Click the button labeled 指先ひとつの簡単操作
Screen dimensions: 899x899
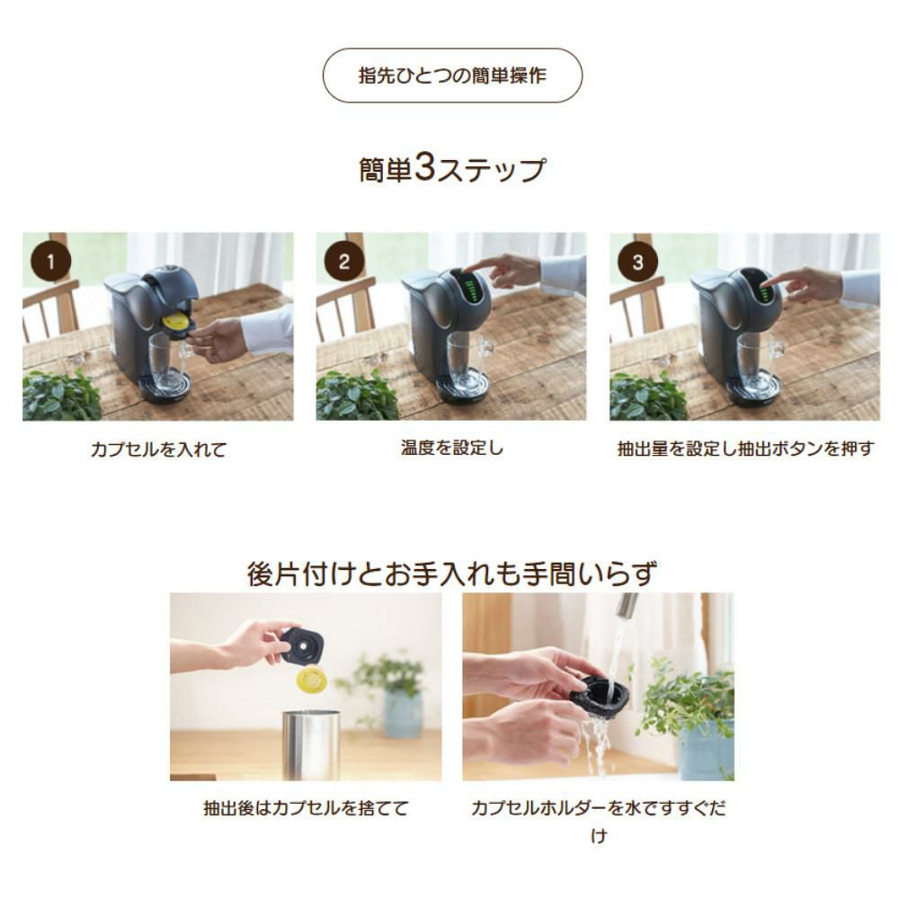click(452, 76)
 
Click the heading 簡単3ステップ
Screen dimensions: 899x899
click(452, 169)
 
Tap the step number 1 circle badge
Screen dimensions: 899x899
click(50, 262)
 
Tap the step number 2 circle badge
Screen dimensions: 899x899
click(344, 262)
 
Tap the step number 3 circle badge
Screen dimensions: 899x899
click(637, 262)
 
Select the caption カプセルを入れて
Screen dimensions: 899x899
click(158, 449)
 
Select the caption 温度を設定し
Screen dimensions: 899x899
click(451, 448)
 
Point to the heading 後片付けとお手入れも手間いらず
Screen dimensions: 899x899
click(451, 573)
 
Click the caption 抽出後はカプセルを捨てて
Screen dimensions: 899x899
click(306, 808)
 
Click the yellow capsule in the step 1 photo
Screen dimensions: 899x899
click(175, 321)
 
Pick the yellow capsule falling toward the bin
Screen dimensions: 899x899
click(310, 680)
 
